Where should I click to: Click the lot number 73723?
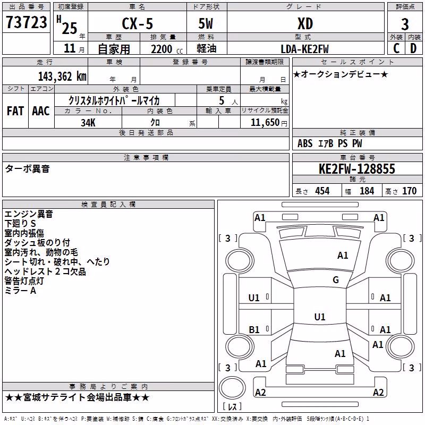point(26,22)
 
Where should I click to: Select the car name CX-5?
point(138,23)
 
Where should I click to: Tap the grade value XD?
point(305,23)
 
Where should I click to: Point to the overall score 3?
point(405,24)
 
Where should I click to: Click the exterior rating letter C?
point(396,48)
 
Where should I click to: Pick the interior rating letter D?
point(413,48)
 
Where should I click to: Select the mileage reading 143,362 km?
point(62,76)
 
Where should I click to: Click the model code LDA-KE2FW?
point(304,49)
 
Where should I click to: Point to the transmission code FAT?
point(15,111)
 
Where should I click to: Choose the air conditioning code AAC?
point(41,111)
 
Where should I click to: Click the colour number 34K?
point(88,123)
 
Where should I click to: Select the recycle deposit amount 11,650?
point(265,122)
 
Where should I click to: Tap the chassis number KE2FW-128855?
point(357,169)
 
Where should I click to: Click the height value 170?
point(409,191)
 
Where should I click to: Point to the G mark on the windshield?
point(336,280)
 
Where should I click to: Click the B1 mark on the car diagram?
point(254,329)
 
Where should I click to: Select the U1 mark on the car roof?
point(320,317)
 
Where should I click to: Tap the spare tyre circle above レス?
point(232,388)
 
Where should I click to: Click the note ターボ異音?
point(28,168)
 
